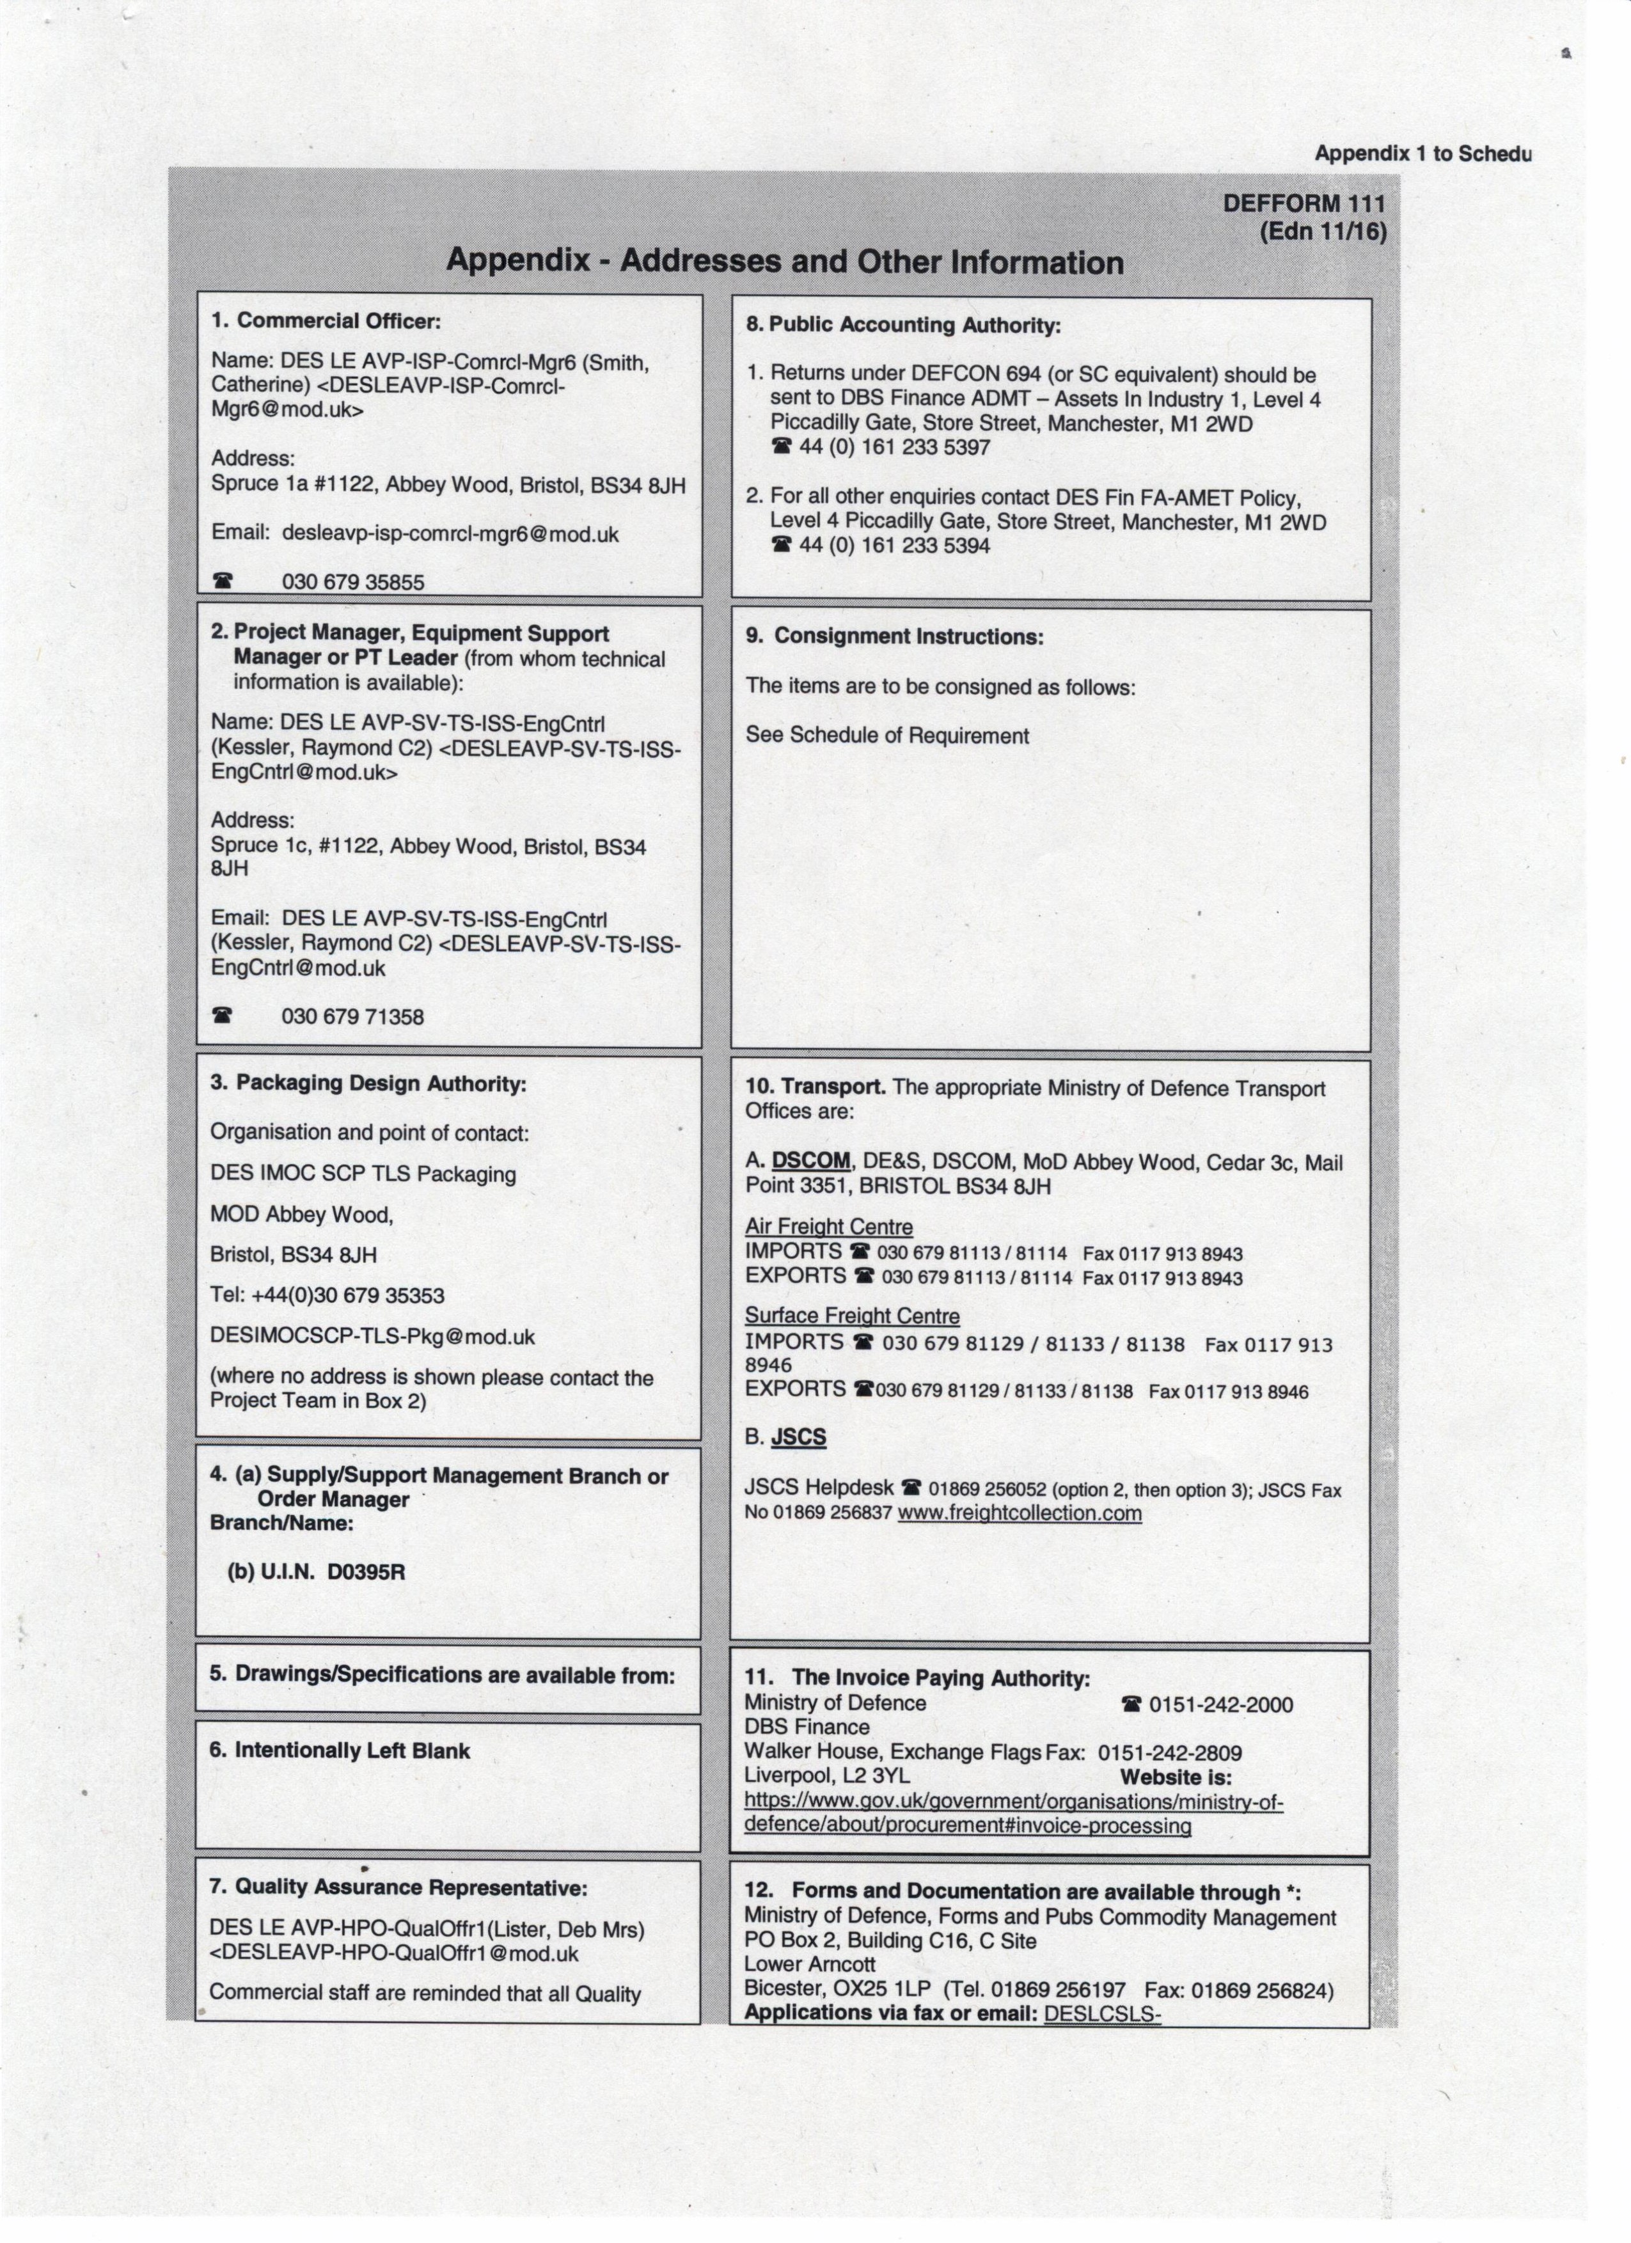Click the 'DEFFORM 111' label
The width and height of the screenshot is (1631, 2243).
pos(1304,204)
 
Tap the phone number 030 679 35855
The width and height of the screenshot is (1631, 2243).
pos(353,581)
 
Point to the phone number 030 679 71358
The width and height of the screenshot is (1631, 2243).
pos(353,1017)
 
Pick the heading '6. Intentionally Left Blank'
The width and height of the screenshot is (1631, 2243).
pos(339,1751)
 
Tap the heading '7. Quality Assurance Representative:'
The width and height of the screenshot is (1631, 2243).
pos(398,1887)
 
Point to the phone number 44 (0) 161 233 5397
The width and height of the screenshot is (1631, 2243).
pos(895,447)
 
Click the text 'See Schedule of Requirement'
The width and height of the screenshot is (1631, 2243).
pos(887,736)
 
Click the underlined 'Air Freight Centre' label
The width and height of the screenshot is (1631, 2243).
pos(829,1227)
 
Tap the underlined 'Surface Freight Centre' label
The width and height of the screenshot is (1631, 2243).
pos(851,1316)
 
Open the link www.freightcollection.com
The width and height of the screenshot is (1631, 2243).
pos(1020,1513)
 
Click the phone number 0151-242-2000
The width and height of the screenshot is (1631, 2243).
pos(1220,1704)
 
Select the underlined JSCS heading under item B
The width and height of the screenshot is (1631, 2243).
pos(798,1437)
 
